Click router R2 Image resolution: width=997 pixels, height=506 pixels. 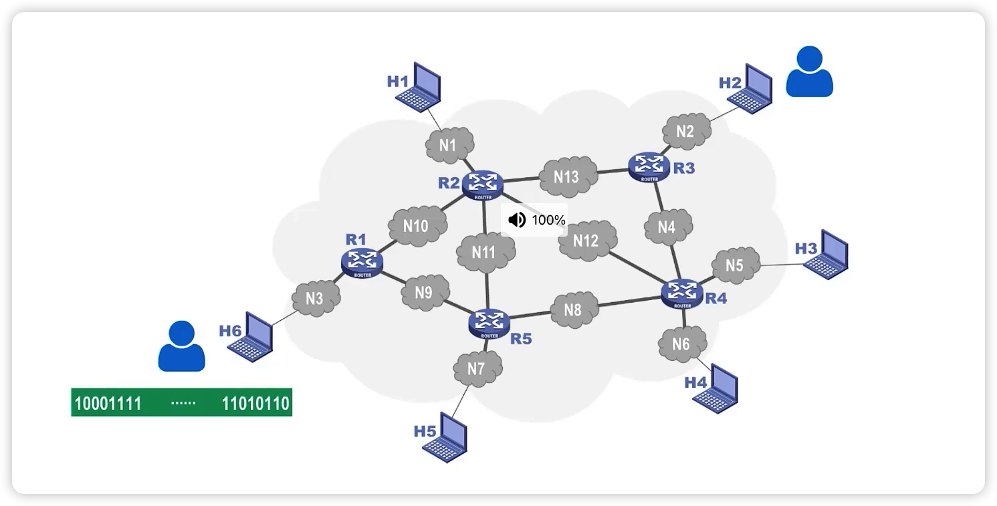[482, 184]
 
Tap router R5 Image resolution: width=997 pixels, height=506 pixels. [489, 322]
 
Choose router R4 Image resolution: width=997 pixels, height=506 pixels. [682, 293]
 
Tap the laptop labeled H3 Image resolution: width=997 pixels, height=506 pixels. [827, 253]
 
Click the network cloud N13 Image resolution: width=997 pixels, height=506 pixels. [567, 176]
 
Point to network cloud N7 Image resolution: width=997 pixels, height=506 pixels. [476, 368]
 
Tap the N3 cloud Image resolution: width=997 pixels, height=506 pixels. [315, 298]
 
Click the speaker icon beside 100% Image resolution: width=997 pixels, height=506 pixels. [517, 220]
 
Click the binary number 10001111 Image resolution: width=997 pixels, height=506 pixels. [108, 404]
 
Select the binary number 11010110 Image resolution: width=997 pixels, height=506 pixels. [255, 404]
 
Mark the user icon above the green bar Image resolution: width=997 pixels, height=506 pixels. [181, 346]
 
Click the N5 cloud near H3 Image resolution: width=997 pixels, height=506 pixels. [735, 265]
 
